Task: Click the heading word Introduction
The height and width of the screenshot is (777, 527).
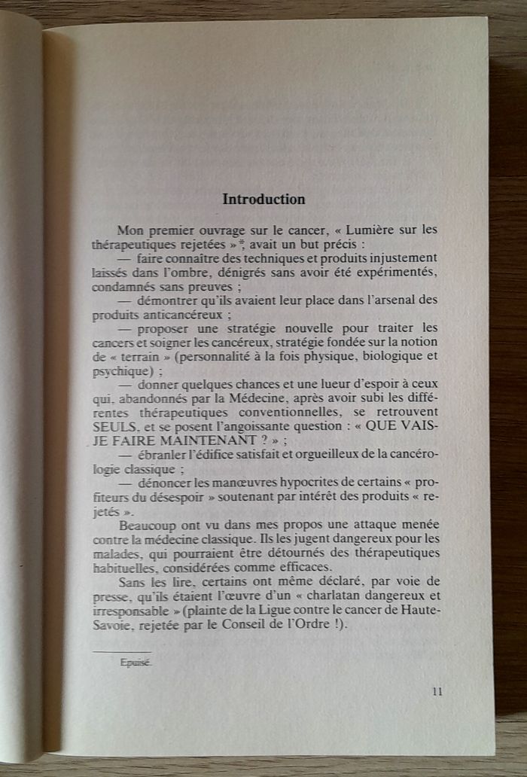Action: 263,200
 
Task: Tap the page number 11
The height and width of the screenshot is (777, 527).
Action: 437,693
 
